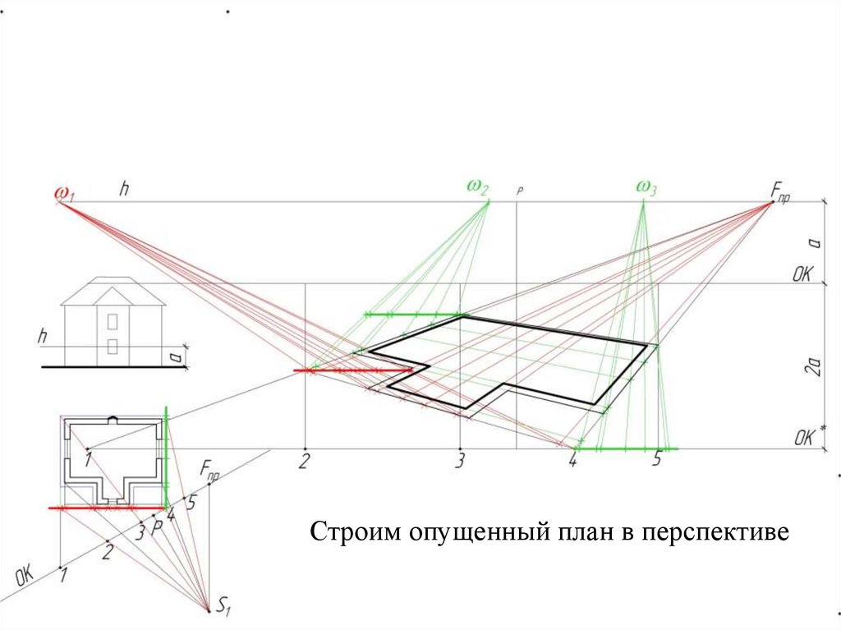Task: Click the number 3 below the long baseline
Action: (x=461, y=461)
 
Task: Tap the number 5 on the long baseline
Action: (x=656, y=460)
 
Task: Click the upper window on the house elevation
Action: (x=113, y=318)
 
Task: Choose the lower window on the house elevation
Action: (x=113, y=346)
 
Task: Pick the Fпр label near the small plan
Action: (x=210, y=471)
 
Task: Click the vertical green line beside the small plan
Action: (x=167, y=456)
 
